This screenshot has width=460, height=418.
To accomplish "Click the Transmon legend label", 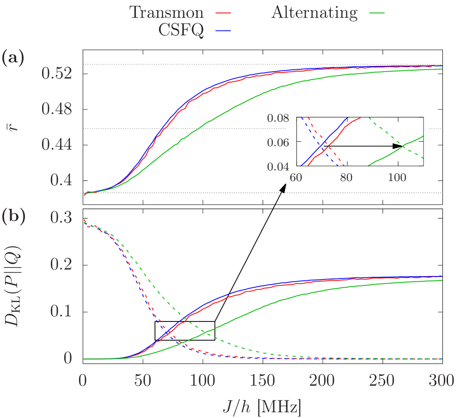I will coord(166,12).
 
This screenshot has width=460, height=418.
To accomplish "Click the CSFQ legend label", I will coord(181,30).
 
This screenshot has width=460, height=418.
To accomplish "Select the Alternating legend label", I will coord(314,12).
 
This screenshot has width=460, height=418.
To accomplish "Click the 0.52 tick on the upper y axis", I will coord(57,73).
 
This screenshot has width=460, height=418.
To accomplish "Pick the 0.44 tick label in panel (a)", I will coord(57,145).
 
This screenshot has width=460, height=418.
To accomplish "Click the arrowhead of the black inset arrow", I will coord(398,146).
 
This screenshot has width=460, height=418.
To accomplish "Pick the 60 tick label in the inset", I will coord(296,177).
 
